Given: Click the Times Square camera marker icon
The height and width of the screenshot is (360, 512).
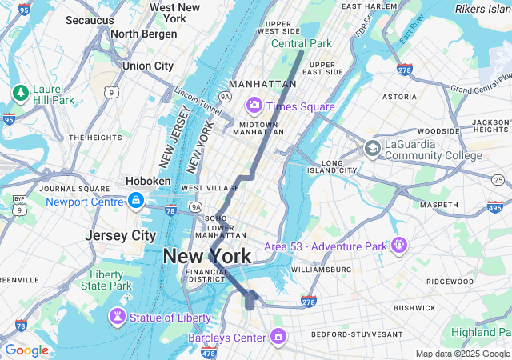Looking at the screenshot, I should [x=254, y=106].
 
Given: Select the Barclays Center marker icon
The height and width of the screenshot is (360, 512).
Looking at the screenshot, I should [x=278, y=338].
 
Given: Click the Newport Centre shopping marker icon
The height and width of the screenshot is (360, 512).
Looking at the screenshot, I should [x=136, y=201].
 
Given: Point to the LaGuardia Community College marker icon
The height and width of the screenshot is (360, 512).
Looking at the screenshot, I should [x=373, y=148].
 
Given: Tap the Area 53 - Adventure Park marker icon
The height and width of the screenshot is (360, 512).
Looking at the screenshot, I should [x=399, y=245].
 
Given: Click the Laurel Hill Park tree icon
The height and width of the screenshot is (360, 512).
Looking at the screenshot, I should [x=20, y=93].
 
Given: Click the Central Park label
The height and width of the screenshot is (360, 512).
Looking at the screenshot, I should [x=301, y=43].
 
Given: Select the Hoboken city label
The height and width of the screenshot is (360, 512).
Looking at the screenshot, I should [x=147, y=181].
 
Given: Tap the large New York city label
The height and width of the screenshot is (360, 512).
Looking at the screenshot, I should [x=206, y=257].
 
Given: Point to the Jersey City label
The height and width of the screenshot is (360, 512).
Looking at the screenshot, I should [x=120, y=236].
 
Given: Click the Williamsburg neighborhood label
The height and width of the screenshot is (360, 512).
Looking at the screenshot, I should [x=321, y=270].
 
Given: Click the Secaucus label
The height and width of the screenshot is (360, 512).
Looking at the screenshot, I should [x=90, y=19].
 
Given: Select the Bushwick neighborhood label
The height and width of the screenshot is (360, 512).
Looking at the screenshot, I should [x=414, y=307].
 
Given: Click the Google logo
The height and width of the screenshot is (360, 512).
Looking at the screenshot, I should [x=26, y=350].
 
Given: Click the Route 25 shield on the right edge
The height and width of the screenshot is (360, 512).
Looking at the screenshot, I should [x=498, y=179].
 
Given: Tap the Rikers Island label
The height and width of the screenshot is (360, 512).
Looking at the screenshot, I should [x=484, y=9].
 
